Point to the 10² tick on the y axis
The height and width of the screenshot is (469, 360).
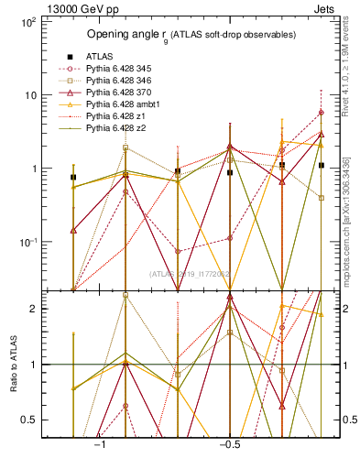tap(27, 21)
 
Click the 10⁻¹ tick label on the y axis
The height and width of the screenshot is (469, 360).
tap(27, 242)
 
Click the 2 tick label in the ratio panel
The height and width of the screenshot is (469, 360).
tap(33, 309)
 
